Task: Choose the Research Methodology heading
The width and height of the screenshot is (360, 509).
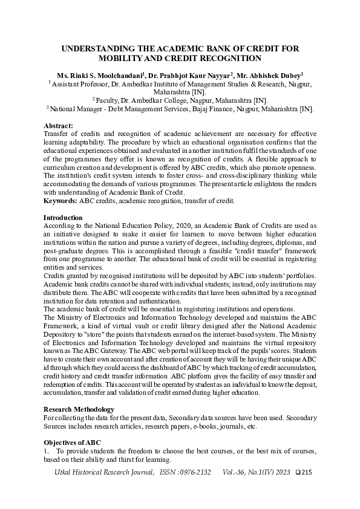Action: (x=79, y=409)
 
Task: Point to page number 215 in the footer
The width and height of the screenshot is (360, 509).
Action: (x=306, y=472)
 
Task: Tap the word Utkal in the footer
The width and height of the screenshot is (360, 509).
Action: (x=64, y=472)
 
